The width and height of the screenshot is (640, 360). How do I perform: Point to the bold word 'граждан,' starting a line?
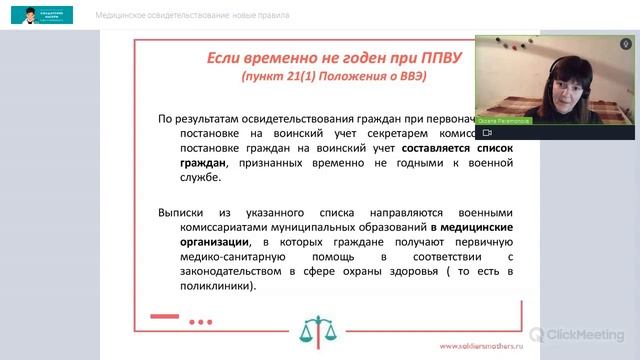pyautogui.click(x=203, y=161)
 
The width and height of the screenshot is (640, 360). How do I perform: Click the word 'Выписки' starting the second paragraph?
pyautogui.click(x=181, y=211)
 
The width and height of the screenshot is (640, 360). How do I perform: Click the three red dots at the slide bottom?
pyautogui.click(x=200, y=321)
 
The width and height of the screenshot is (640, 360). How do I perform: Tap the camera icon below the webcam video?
pyautogui.click(x=486, y=132)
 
